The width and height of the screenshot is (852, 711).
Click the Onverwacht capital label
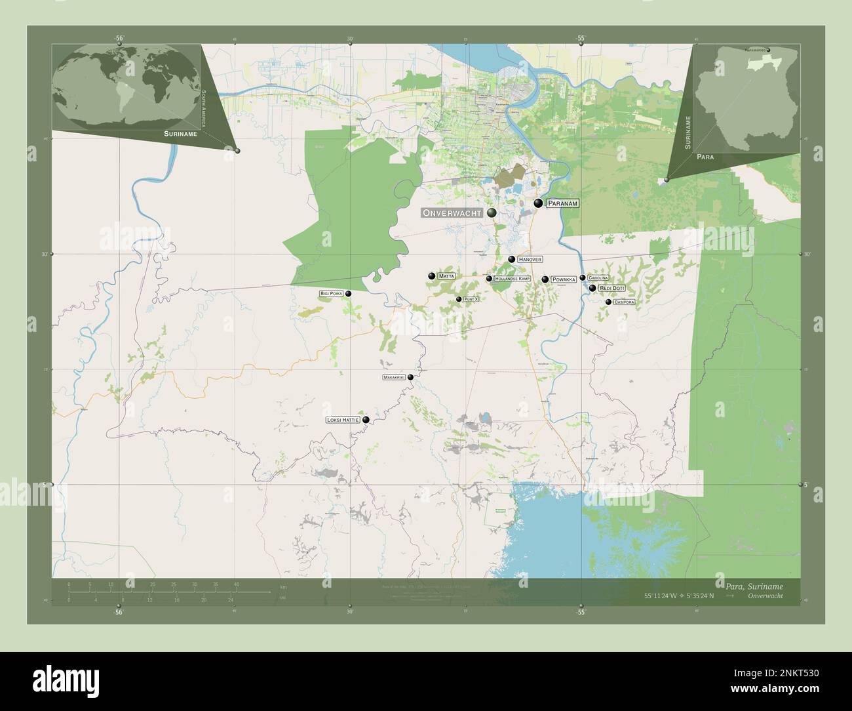click(452, 213)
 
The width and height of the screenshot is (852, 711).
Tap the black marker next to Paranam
click(538, 204)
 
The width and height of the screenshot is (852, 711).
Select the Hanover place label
click(530, 260)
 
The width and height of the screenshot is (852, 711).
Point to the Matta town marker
click(432, 277)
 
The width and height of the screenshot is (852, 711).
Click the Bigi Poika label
click(332, 293)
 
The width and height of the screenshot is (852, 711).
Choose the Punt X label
click(471, 299)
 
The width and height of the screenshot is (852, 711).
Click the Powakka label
click(564, 279)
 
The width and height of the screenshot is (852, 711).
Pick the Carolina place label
click(598, 278)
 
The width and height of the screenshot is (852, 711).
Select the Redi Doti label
click(611, 288)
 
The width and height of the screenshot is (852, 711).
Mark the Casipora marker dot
click(608, 302)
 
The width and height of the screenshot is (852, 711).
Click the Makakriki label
click(394, 378)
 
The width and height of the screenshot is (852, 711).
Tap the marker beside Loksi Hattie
click(366, 420)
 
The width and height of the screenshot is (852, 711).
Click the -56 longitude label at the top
click(119, 38)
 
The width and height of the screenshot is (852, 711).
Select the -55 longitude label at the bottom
click(581, 612)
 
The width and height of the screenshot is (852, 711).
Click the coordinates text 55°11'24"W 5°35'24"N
click(682, 596)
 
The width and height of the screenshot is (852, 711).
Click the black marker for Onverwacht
click(492, 213)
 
